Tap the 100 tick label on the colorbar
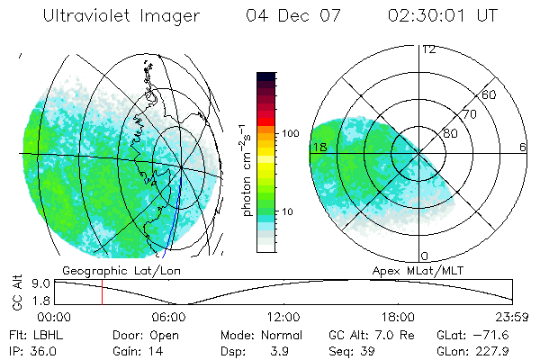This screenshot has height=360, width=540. (x=290, y=132)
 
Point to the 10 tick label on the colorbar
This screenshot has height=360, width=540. (x=287, y=212)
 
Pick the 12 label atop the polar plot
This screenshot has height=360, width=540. (x=428, y=49)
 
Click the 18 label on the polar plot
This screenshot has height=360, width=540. (x=319, y=147)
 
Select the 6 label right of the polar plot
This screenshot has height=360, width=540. (x=523, y=147)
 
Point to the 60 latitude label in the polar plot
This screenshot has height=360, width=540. (x=490, y=94)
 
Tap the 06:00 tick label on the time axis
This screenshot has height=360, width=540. (x=168, y=317)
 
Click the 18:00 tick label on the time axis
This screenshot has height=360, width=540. (x=398, y=317)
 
